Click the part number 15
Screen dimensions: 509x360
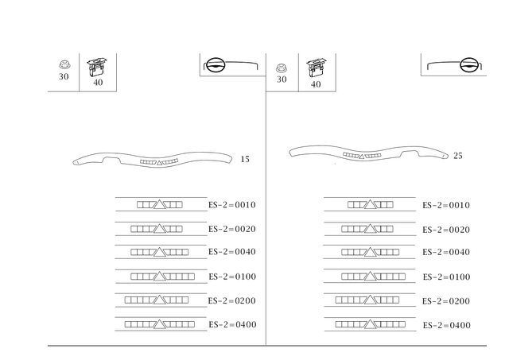pos(245,159)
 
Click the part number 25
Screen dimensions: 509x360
pos(458,156)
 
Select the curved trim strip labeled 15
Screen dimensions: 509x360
pos(153,160)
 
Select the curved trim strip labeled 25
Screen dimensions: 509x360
pos(369,153)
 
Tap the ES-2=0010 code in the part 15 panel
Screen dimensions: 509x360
pos(232,205)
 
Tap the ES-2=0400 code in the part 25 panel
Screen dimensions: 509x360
pos(447,325)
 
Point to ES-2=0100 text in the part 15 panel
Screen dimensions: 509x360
pos(232,277)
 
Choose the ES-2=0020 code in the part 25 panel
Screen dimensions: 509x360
pos(446,230)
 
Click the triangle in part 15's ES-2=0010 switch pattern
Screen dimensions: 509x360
pos(159,205)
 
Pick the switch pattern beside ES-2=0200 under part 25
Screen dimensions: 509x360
pos(367,300)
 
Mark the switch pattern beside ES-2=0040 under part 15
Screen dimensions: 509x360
pos(159,252)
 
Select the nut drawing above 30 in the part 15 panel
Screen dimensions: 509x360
pos(64,64)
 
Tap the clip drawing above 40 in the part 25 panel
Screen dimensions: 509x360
pos(317,68)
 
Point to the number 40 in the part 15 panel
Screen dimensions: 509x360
pos(98,83)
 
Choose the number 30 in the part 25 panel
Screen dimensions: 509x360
pos(282,79)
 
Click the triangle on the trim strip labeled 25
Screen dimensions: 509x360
pos(362,157)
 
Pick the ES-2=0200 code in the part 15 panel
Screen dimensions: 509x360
pos(232,301)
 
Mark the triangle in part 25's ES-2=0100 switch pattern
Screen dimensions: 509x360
pos(370,277)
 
